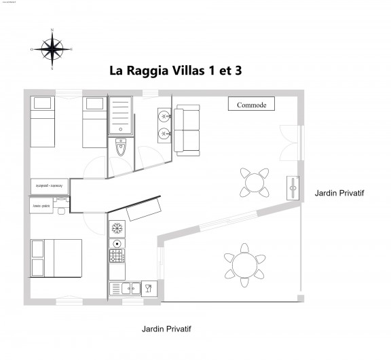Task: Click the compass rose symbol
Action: point(52,48)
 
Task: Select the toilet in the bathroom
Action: point(121,147)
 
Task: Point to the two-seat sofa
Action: point(186,128)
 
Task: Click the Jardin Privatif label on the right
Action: point(339,194)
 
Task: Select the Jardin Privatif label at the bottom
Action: point(166,329)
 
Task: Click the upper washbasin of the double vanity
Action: point(164,115)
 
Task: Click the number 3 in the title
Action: point(238,71)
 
